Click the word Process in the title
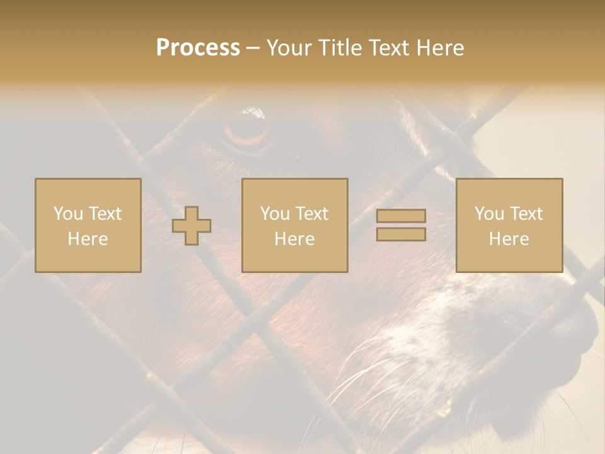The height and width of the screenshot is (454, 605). click(x=198, y=48)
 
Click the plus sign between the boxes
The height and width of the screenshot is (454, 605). click(x=192, y=226)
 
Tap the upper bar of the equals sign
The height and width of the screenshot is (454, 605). click(x=401, y=216)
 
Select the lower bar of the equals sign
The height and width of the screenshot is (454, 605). click(x=401, y=235)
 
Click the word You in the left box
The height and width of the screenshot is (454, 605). click(x=68, y=214)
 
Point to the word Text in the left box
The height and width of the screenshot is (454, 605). click(x=105, y=214)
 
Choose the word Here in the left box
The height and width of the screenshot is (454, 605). click(x=88, y=239)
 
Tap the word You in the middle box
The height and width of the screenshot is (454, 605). click(x=275, y=214)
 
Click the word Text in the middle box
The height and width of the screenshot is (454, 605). click(x=311, y=214)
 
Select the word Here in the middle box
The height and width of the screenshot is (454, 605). click(x=294, y=239)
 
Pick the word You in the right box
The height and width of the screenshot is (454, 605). click(x=489, y=214)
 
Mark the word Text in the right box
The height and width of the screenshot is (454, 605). click(x=526, y=214)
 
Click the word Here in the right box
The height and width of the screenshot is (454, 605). click(x=509, y=239)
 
